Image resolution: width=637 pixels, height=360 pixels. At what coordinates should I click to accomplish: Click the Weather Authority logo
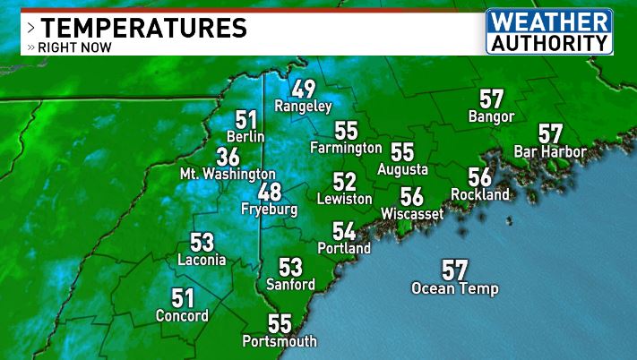[550, 31]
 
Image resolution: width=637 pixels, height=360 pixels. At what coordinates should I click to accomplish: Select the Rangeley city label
[303, 106]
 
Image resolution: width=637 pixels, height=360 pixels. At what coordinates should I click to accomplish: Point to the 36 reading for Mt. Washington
[228, 157]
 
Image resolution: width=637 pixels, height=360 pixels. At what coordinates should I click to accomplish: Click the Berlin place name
[245, 136]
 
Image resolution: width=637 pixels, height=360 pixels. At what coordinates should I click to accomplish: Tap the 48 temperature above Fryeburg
[269, 192]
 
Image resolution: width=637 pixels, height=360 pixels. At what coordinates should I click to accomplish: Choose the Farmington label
[346, 147]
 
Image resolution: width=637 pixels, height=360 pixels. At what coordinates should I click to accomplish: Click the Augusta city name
[402, 169]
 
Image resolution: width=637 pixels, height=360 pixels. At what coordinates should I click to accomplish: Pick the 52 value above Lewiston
[344, 182]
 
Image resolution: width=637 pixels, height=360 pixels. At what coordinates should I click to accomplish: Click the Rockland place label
[480, 194]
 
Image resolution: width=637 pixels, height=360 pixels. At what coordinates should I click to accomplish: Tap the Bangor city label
[491, 116]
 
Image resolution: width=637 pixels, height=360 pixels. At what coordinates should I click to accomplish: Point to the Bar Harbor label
[550, 151]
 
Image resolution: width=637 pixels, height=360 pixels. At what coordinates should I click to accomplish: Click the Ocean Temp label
[455, 288]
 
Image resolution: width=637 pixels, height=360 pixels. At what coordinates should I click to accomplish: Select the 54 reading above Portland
[344, 231]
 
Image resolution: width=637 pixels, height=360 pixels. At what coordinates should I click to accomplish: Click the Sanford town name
[290, 284]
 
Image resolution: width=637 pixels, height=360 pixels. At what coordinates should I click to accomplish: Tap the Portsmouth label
[280, 341]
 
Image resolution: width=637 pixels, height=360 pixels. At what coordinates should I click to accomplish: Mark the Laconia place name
[202, 260]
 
